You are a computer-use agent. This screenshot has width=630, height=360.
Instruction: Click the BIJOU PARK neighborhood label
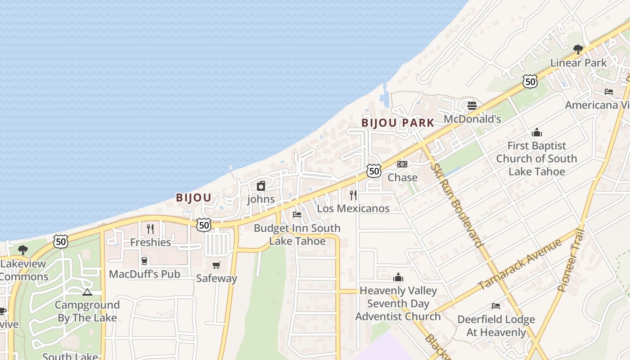point(398,123)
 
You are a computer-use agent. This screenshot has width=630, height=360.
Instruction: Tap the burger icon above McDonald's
point(472,106)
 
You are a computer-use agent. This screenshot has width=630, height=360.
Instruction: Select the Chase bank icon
point(402,164)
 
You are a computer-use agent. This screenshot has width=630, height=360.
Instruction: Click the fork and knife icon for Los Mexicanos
point(353,195)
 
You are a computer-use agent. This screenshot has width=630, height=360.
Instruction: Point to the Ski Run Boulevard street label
point(457,205)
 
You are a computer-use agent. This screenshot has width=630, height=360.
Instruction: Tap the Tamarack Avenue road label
point(519,265)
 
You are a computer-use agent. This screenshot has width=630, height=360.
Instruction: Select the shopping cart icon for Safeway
point(216,265)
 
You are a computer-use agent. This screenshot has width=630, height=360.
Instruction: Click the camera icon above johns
point(261,186)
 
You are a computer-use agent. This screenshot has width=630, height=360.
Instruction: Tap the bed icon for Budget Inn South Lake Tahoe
point(297,215)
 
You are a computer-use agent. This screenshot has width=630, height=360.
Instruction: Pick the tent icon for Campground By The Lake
point(87,292)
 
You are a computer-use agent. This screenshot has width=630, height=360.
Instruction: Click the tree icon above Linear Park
point(578,49)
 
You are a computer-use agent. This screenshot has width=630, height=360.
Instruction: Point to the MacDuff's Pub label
point(144,274)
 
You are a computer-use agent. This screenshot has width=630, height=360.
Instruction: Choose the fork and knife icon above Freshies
point(150,229)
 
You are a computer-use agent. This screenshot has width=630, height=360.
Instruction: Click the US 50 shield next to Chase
point(373,171)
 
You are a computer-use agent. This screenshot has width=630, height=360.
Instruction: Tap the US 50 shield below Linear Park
point(530,81)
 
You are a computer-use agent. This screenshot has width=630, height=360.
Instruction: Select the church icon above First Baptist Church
point(536,133)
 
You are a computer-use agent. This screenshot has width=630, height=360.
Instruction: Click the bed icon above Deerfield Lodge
point(495,306)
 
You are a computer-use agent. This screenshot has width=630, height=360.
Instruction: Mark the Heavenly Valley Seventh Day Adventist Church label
point(398,303)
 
